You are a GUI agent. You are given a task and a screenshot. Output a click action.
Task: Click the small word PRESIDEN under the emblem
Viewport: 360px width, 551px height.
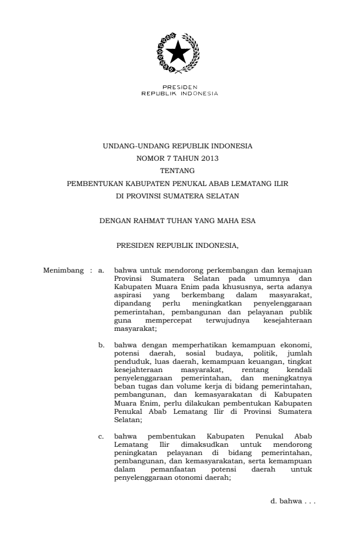[x=179, y=88]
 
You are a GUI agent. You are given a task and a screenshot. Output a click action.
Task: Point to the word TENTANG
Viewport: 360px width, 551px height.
[x=179, y=171]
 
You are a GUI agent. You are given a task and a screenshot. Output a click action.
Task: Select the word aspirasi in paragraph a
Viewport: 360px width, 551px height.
[x=128, y=292]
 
